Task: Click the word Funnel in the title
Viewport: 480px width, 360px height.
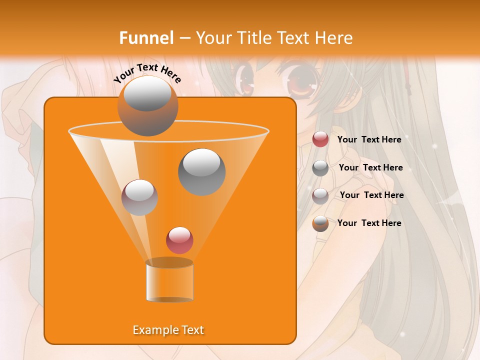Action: pyautogui.click(x=146, y=38)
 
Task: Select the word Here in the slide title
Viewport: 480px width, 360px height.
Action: pyautogui.click(x=334, y=38)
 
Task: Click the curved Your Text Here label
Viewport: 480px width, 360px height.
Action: pyautogui.click(x=147, y=73)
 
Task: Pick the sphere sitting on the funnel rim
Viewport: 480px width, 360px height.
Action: pyautogui.click(x=147, y=105)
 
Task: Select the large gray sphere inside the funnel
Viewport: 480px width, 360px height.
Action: pyautogui.click(x=201, y=171)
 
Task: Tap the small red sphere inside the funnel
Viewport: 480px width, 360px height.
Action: pyautogui.click(x=179, y=240)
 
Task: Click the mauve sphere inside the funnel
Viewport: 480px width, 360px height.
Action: pyautogui.click(x=139, y=197)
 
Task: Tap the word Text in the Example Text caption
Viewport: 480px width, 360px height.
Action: pyautogui.click(x=192, y=330)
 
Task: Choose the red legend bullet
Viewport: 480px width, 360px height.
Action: pyautogui.click(x=320, y=139)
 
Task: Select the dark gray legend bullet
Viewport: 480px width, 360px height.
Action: pyautogui.click(x=320, y=168)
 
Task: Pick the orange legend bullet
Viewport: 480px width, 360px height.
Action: pyautogui.click(x=320, y=223)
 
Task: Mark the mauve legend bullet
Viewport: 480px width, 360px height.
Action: pyautogui.click(x=320, y=195)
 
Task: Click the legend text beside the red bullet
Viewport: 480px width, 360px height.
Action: pyautogui.click(x=369, y=139)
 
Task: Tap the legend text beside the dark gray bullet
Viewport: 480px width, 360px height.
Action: pyautogui.click(x=370, y=167)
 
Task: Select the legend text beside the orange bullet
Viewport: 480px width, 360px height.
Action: pyautogui.click(x=369, y=223)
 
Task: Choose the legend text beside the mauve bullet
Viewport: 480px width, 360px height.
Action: pyautogui.click(x=371, y=195)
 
